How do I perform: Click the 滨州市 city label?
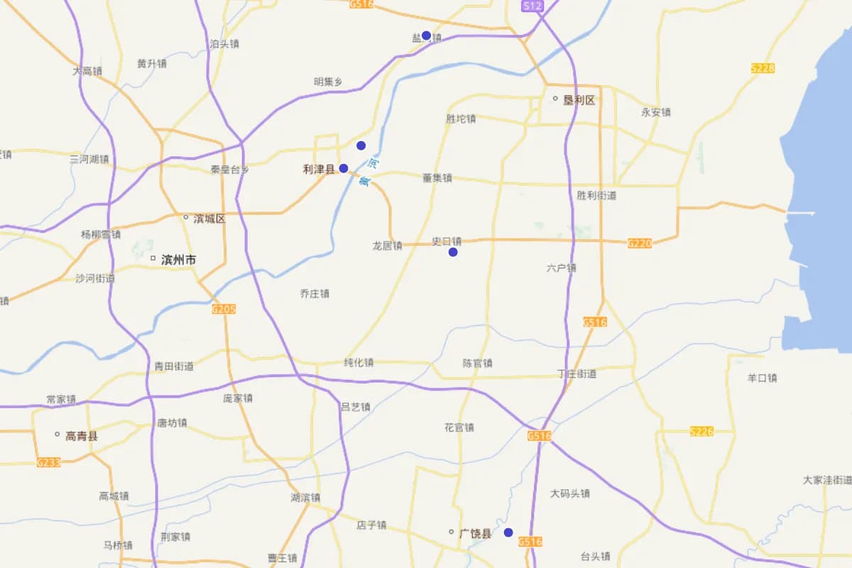[x=178, y=260]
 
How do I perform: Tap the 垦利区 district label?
[x=579, y=100]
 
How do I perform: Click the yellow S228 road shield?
[x=763, y=68]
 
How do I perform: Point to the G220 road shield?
[x=639, y=243]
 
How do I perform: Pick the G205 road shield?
[x=223, y=309]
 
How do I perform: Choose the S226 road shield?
[x=701, y=431]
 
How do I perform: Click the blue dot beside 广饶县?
[x=508, y=532]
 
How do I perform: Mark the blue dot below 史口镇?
[x=453, y=252]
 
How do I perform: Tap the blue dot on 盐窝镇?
[x=426, y=35]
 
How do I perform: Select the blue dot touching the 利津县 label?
[x=344, y=168]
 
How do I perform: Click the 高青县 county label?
[x=81, y=436]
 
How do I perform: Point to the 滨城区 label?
[x=209, y=219]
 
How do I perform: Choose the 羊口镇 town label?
[x=762, y=378]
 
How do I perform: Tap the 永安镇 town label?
[x=655, y=111]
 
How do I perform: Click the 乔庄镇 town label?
[x=315, y=293]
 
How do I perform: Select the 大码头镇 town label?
[x=570, y=493]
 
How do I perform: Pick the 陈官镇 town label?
[x=477, y=363]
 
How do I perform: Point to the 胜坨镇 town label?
[x=461, y=119]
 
